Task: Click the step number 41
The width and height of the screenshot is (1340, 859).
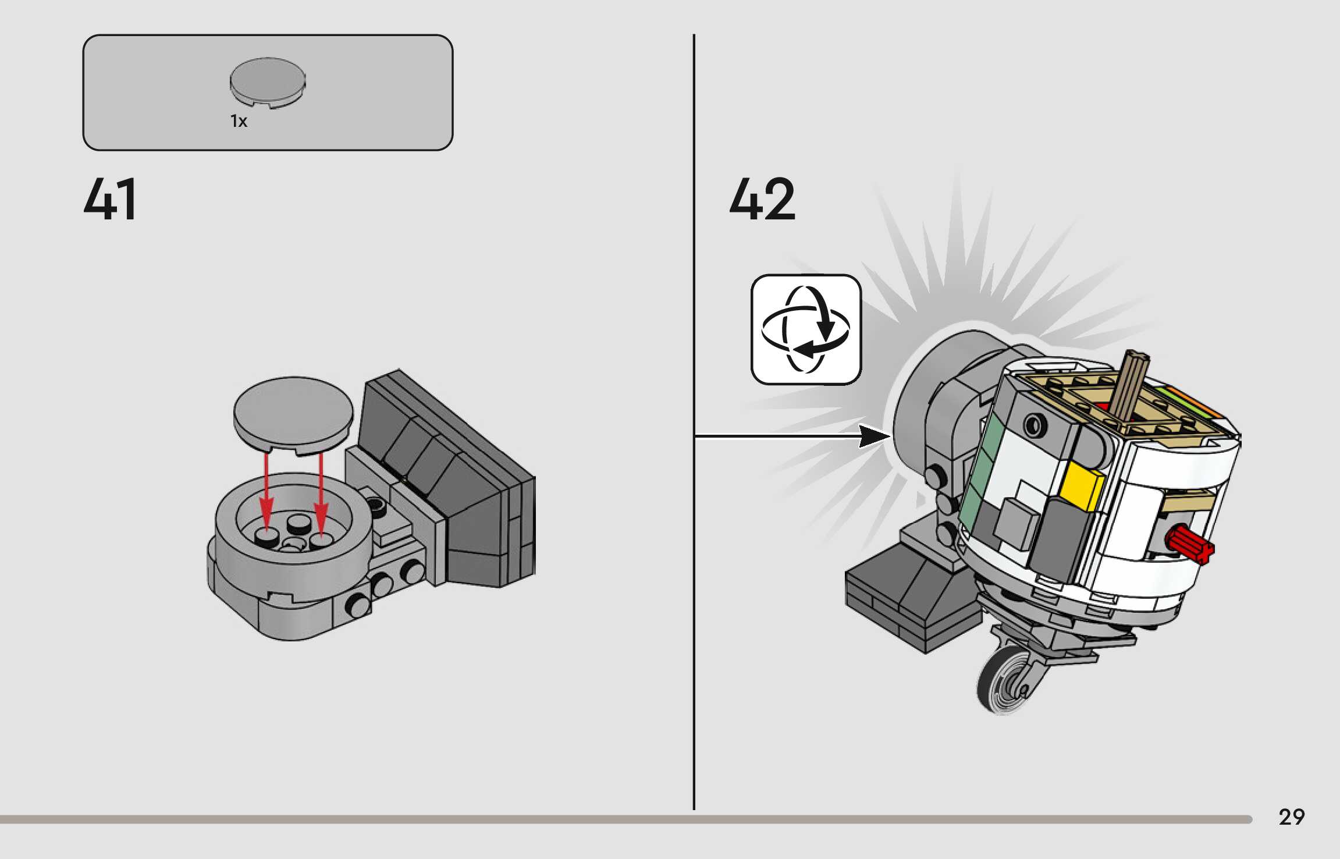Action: click(111, 200)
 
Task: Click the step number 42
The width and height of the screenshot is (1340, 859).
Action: click(762, 200)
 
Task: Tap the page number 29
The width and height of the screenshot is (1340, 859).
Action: click(1291, 817)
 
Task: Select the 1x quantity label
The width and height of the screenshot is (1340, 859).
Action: click(239, 121)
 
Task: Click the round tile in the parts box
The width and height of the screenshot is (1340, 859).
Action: click(268, 82)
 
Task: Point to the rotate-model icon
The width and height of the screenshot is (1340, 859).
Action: click(806, 329)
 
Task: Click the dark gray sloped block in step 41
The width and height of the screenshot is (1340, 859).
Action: click(448, 466)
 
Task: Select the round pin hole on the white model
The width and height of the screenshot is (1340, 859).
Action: click(1034, 426)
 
